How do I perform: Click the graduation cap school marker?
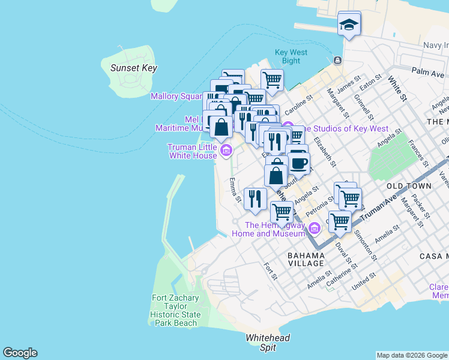(349, 25)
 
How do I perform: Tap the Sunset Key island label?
(133, 68)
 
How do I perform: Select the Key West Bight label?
(291, 56)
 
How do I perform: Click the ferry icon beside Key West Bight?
(337, 60)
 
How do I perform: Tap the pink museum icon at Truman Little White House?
(226, 151)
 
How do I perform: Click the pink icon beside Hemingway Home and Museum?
(313, 229)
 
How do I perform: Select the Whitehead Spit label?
(268, 343)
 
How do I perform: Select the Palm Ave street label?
(428, 72)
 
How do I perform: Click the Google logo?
(20, 353)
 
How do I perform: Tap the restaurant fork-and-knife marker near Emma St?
(255, 199)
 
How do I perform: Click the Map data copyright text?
(411, 355)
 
